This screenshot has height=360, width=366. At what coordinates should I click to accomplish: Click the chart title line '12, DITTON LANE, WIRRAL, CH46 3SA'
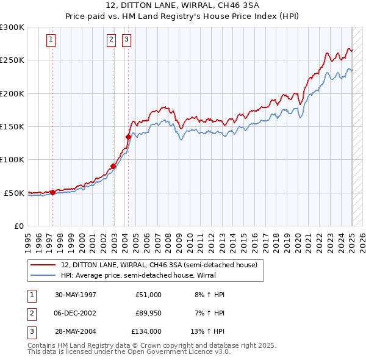coord(182,6)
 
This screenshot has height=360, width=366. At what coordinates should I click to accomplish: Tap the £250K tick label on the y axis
coord(12,60)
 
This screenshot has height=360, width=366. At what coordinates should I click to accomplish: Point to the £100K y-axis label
coord(12,160)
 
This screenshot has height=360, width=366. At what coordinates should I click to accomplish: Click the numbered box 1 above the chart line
coord(51,40)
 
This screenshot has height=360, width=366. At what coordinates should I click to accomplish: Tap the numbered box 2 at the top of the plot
coord(112,40)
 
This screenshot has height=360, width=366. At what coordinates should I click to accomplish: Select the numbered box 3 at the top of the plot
coord(127,40)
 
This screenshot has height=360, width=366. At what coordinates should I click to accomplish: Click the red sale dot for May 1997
coord(52,192)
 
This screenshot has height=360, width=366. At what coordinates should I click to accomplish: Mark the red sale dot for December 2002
coord(113,166)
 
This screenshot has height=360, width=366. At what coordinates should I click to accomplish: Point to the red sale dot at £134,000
coord(129,137)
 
